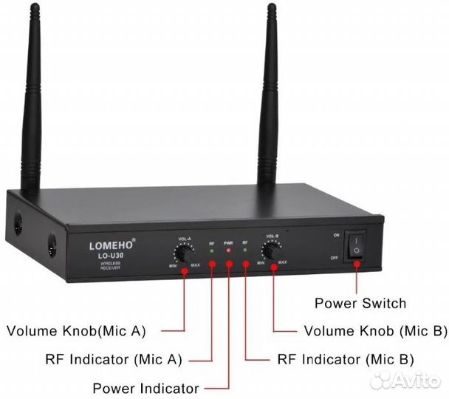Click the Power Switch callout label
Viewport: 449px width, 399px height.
[360, 303]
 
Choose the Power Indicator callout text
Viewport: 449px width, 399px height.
[145, 388]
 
